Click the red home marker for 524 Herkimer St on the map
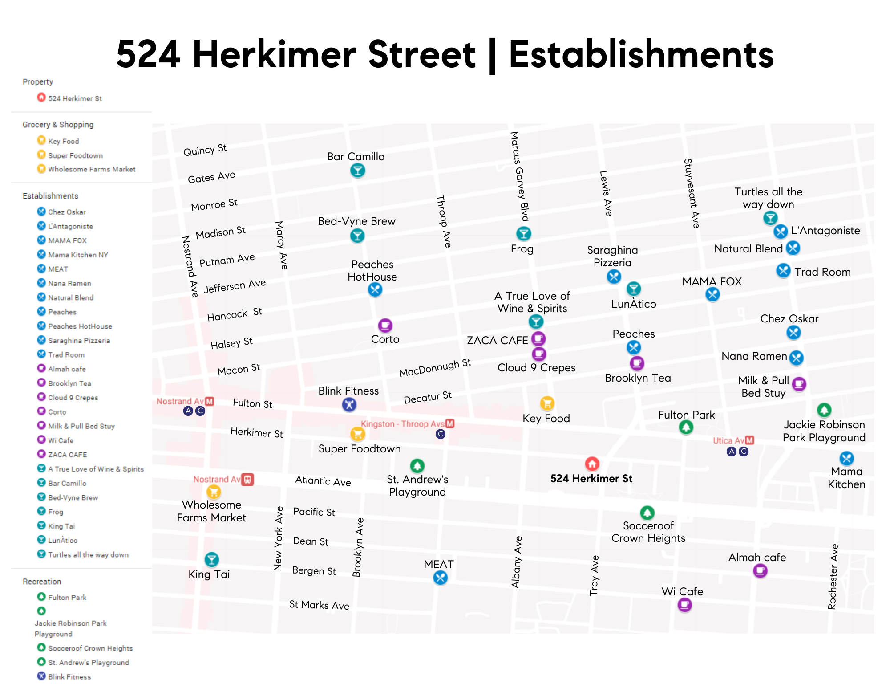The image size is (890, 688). (592, 464)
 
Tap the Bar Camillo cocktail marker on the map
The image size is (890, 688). (357, 170)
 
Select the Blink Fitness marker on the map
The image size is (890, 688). (349, 404)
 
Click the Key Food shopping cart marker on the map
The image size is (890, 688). (547, 403)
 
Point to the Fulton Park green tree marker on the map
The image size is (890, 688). (686, 427)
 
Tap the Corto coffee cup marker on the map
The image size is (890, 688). (385, 326)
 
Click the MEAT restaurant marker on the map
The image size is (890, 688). (440, 578)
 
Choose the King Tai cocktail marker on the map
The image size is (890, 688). (211, 559)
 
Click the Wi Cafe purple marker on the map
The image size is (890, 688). (684, 605)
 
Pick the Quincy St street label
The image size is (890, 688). (205, 150)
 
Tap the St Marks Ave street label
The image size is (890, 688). (319, 605)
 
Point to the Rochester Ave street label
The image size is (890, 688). (833, 576)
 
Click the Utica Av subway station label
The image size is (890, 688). (729, 440)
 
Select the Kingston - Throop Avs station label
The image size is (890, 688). (403, 424)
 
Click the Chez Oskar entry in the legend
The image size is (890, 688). (67, 212)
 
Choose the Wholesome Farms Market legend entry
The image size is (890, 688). (92, 169)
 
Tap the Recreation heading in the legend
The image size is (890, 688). (42, 582)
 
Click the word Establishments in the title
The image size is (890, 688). (641, 54)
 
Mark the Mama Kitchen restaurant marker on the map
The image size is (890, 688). (846, 458)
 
